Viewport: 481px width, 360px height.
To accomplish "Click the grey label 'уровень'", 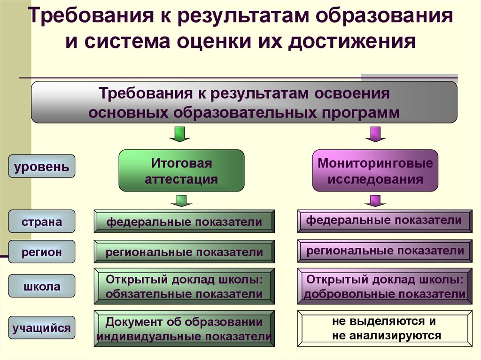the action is [41, 166].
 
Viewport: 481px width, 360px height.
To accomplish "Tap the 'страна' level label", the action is [41, 221].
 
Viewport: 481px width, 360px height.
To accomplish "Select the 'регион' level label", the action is [41, 252].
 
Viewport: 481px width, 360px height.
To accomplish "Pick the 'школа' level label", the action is [41, 286].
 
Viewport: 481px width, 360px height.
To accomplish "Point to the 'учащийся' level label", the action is [41, 328].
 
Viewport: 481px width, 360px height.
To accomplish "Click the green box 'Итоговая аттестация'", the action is [181, 171].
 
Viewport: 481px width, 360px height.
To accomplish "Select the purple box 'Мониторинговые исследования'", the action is [375, 171].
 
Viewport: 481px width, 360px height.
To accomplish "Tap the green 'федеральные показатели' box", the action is [184, 222].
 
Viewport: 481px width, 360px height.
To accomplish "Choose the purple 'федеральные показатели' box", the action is [384, 221].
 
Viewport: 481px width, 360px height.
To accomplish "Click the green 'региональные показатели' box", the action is [184, 252].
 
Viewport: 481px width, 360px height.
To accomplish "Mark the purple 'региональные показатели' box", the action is [384, 251].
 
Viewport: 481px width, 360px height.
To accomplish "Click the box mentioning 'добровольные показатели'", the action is [384, 286].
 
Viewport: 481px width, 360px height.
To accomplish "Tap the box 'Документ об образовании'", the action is [184, 329].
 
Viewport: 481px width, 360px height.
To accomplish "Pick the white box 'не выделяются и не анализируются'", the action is [384, 329].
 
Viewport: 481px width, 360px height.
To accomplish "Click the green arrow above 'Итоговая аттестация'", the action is [179, 134].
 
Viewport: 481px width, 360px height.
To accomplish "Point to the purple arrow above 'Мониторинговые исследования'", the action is [375, 134].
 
